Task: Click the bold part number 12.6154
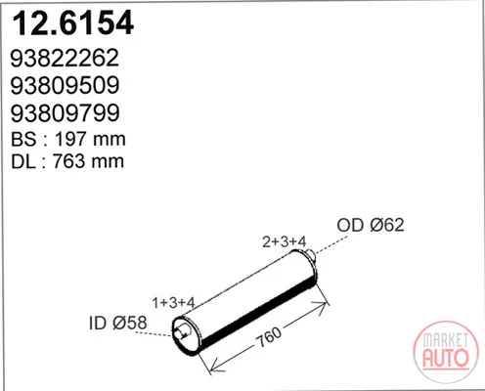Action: coord(72,22)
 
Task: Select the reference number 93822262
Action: coord(65,58)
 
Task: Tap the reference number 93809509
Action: coord(66,85)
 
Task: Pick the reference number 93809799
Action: coord(66,112)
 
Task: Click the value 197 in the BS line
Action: coord(71,139)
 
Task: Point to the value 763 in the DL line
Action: coord(69,161)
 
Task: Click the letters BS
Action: coord(23,139)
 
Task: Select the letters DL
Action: coord(23,161)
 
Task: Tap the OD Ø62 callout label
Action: coord(371,225)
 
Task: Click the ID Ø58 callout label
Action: coord(118,323)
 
